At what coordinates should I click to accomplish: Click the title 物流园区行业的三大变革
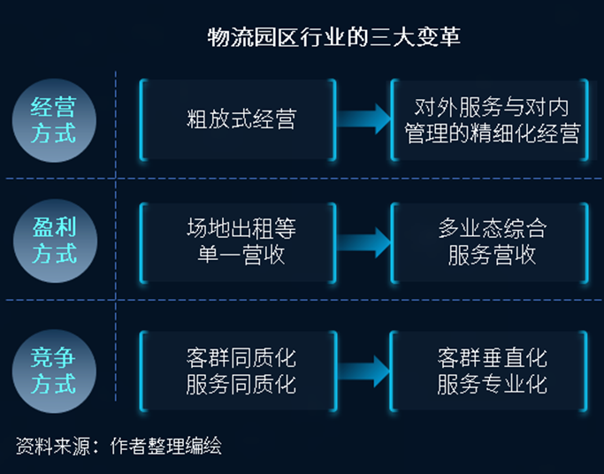[x=333, y=38]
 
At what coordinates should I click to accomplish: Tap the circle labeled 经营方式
[x=54, y=121]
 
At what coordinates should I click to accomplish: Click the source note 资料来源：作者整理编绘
[x=119, y=446]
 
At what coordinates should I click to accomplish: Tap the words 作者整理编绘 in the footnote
[x=165, y=446]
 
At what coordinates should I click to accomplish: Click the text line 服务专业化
[x=492, y=385]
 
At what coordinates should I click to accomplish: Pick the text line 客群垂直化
[x=492, y=358]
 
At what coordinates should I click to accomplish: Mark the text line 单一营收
[x=241, y=256]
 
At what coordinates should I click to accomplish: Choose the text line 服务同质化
[x=241, y=385]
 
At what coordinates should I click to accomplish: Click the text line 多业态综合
[x=492, y=229]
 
